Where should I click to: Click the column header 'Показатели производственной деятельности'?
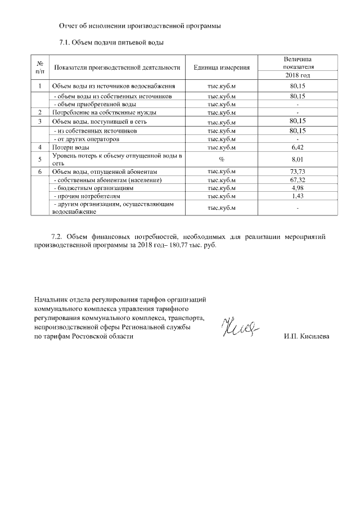(x=117, y=67)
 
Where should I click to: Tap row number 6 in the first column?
(x=40, y=171)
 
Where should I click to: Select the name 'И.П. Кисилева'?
(x=308, y=336)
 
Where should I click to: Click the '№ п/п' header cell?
(x=40, y=67)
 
